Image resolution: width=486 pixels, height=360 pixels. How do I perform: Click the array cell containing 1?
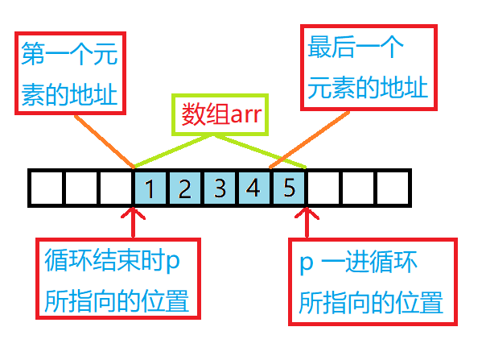tap(150, 189)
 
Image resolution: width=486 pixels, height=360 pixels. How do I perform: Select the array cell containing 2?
tap(185, 189)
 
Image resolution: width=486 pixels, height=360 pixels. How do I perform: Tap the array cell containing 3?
tap(220, 189)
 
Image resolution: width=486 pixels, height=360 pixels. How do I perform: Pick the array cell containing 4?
tap(254, 189)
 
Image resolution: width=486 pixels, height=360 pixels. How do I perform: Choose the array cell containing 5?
tap(289, 189)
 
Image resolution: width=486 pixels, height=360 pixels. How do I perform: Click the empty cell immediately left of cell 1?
tap(116, 189)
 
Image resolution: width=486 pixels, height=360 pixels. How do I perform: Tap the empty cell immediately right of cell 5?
tap(323, 189)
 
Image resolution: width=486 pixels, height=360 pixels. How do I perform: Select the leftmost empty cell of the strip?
tap(46, 189)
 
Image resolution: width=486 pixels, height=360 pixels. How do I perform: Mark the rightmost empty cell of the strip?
tap(393, 189)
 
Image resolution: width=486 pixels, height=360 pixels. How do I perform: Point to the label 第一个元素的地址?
tap(68, 77)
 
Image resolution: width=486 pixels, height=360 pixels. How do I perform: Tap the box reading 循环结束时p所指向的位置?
tap(117, 279)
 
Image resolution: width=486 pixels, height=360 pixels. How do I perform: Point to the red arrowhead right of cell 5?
tap(307, 215)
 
